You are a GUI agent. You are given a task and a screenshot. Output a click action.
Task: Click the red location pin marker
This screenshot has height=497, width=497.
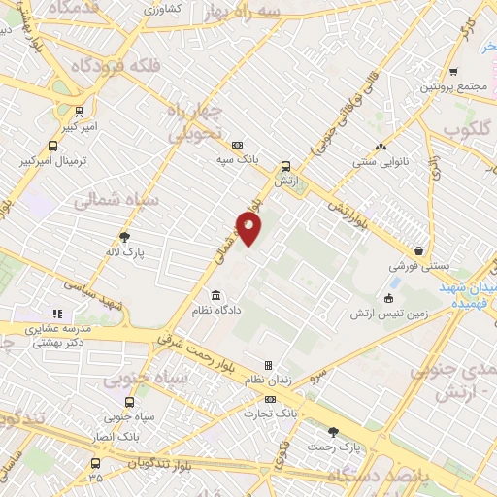tap(249, 229)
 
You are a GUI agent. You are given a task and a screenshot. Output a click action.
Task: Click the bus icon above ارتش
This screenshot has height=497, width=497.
tap(285, 165)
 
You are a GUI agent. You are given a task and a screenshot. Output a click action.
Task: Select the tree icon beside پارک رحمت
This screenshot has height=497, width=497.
tap(336, 431)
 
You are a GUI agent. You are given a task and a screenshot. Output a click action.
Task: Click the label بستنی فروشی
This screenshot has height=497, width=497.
tap(416, 265)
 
